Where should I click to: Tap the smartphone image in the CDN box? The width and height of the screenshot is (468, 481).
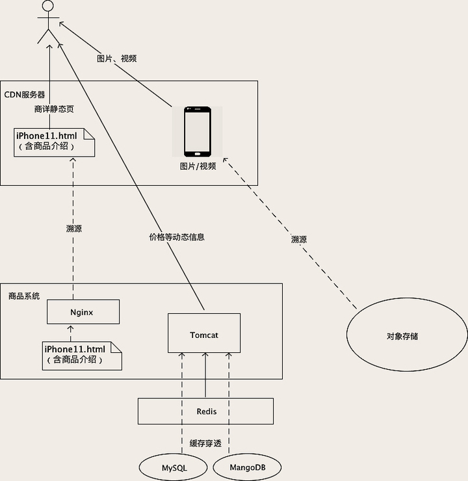pyautogui.click(x=197, y=132)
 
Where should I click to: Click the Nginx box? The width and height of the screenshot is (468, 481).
pyautogui.click(x=83, y=312)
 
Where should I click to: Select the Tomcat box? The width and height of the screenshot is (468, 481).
pyautogui.click(x=204, y=334)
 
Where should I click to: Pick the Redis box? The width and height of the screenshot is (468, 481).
pyautogui.click(x=206, y=411)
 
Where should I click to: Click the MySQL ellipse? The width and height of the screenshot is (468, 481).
pyautogui.click(x=174, y=467)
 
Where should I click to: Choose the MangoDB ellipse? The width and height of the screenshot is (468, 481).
pyautogui.click(x=247, y=467)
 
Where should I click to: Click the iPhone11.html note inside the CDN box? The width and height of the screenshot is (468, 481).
pyautogui.click(x=55, y=141)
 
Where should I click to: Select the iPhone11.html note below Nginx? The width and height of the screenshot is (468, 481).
pyautogui.click(x=83, y=355)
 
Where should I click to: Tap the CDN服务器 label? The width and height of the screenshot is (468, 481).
pyautogui.click(x=25, y=94)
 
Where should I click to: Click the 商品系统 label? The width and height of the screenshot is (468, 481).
pyautogui.click(x=24, y=296)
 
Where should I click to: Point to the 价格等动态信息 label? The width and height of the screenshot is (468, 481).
pyautogui.click(x=177, y=237)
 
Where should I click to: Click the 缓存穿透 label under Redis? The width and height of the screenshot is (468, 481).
pyautogui.click(x=205, y=444)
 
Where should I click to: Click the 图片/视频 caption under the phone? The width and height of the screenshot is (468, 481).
pyautogui.click(x=198, y=166)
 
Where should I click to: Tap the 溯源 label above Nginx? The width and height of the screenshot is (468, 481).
pyautogui.click(x=74, y=229)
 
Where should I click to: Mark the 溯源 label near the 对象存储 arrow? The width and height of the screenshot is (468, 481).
pyautogui.click(x=298, y=239)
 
